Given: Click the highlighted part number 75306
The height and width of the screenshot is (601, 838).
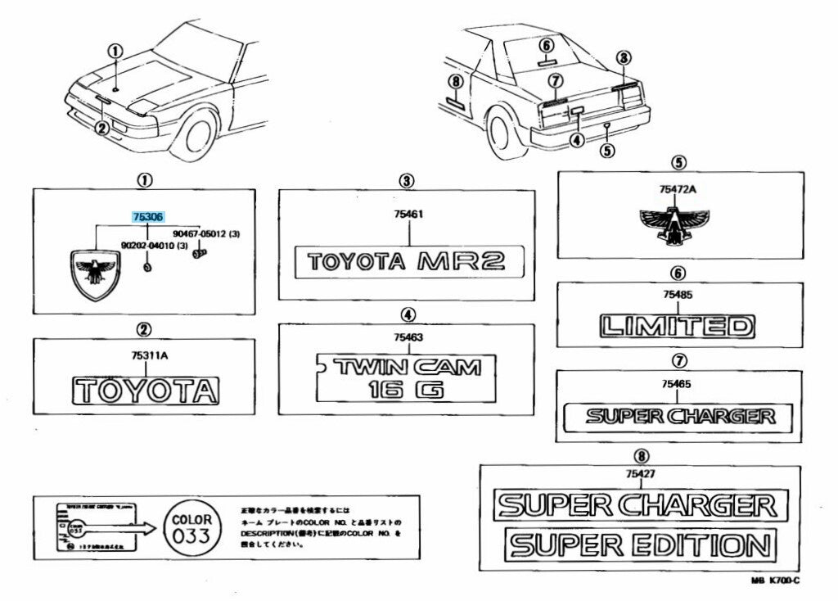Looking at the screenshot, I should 148,218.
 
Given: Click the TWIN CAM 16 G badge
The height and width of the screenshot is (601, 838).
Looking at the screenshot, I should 407,377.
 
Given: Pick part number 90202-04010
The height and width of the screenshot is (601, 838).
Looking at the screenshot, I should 148,246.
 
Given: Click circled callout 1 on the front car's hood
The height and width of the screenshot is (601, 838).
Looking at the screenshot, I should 116,52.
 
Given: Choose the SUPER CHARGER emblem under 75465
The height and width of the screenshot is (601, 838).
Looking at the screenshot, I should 680,416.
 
